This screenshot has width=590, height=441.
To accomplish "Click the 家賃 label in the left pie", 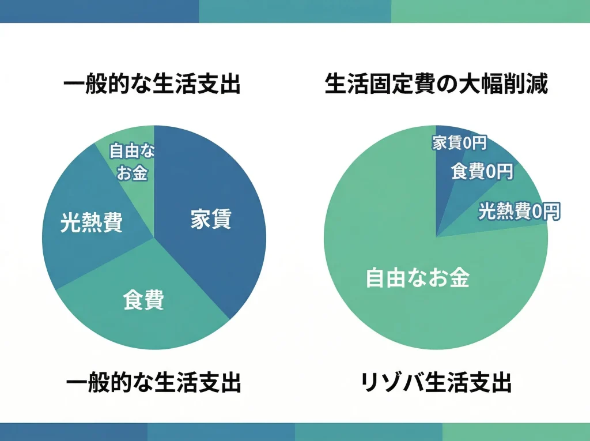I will [211, 220].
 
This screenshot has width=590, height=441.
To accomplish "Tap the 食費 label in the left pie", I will [144, 300].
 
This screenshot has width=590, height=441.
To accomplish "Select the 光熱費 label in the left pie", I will [92, 223].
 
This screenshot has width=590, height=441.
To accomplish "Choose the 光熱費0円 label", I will [519, 212].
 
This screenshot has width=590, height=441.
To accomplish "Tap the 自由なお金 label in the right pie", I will [418, 278].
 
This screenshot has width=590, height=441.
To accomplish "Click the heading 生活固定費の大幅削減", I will [436, 85].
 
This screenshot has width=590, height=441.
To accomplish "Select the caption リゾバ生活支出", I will [436, 383].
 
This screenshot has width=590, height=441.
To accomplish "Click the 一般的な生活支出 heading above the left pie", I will [152, 85].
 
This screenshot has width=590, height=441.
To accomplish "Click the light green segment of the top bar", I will [490, 11].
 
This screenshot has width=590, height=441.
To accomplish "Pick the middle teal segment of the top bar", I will [295, 11].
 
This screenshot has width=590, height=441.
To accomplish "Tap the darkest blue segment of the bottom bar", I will [74, 432].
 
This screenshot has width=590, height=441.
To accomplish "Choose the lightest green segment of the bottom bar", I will [516, 432].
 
